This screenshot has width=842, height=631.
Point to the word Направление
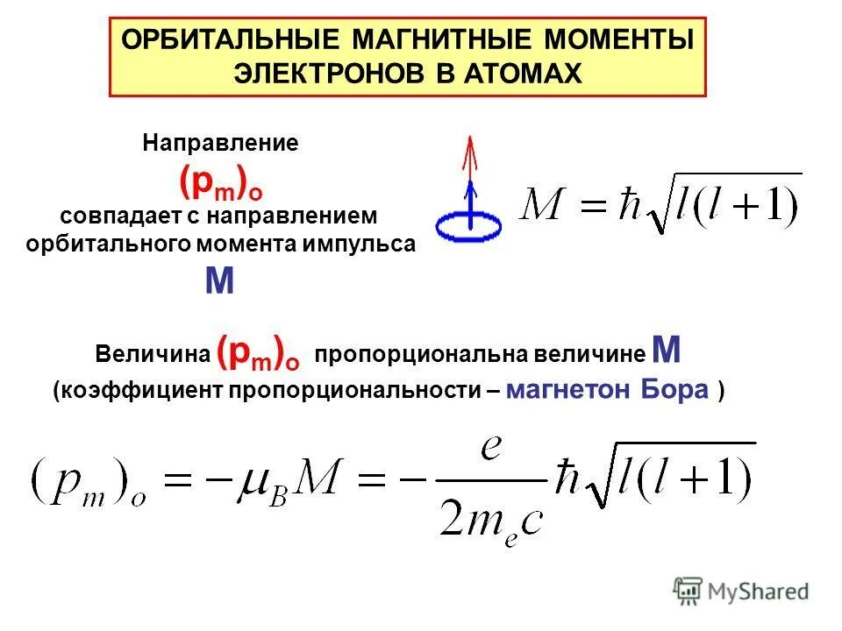221,144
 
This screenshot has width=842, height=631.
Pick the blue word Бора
674,391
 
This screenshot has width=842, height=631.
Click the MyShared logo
741,591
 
